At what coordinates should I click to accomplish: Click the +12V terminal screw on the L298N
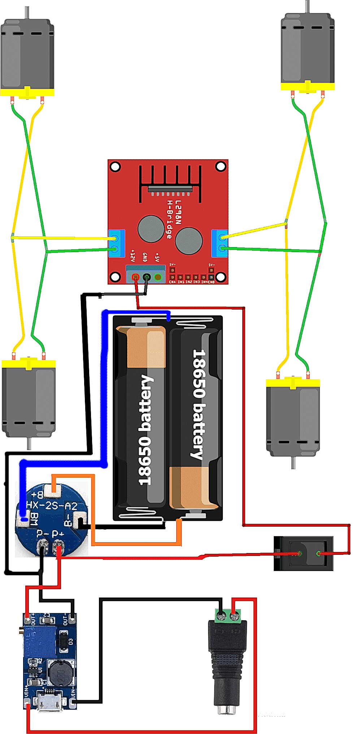click(x=135, y=277)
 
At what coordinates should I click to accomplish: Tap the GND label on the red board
click(x=145, y=257)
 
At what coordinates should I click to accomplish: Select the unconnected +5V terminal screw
click(x=158, y=277)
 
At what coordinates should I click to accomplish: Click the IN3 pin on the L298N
click(x=196, y=277)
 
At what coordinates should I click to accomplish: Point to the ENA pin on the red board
click(x=172, y=277)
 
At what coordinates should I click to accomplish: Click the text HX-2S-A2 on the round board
click(x=52, y=506)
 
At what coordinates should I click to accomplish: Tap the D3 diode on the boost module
click(x=64, y=642)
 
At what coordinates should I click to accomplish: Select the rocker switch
click(x=303, y=553)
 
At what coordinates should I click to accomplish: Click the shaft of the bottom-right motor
click(x=293, y=463)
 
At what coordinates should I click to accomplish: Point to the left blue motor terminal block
click(x=116, y=243)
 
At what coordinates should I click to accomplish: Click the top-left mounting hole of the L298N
click(x=115, y=167)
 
